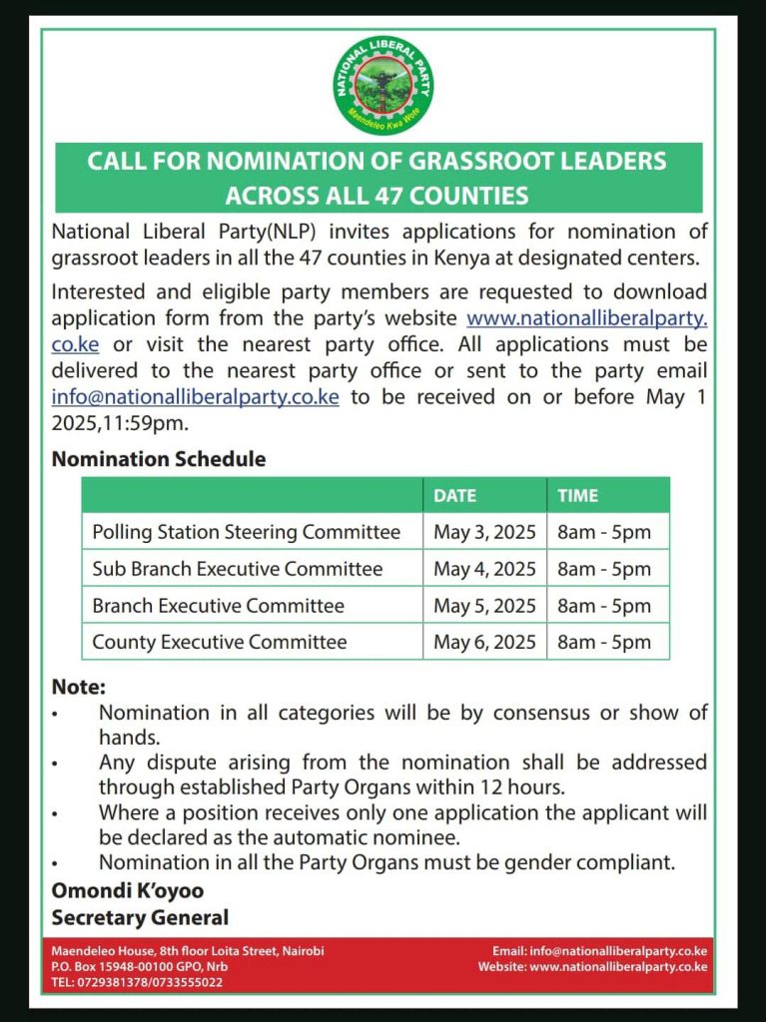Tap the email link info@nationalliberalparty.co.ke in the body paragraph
[x=195, y=397]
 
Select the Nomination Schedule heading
[x=159, y=459]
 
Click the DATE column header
[x=454, y=495]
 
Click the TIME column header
[x=578, y=495]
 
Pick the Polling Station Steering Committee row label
[x=246, y=532]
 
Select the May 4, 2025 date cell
[x=484, y=569]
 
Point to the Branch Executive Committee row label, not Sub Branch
[x=218, y=606]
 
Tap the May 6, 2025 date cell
[x=484, y=642]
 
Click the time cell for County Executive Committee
[x=603, y=642]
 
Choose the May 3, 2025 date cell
[x=484, y=532]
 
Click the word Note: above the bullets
[x=79, y=687]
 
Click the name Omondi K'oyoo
[x=127, y=889]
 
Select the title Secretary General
[x=140, y=916]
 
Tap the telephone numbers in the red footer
[x=137, y=982]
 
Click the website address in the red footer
[x=618, y=966]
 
